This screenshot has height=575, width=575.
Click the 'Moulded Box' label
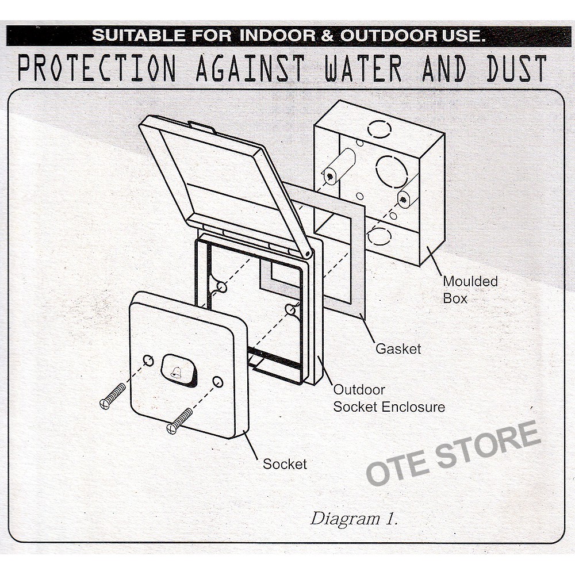(470, 290)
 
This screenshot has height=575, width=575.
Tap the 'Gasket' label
(398, 348)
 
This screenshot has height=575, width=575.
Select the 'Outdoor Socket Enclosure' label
(389, 398)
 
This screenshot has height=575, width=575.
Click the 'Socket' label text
(285, 463)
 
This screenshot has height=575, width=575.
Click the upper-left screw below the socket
(112, 396)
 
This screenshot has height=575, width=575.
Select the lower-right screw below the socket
(179, 421)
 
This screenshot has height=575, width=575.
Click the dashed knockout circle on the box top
(379, 129)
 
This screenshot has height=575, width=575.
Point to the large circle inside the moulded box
(392, 171)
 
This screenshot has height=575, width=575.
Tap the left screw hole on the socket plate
(148, 361)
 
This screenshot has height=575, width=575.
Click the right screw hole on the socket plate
(217, 382)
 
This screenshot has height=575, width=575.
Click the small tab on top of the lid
(201, 125)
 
